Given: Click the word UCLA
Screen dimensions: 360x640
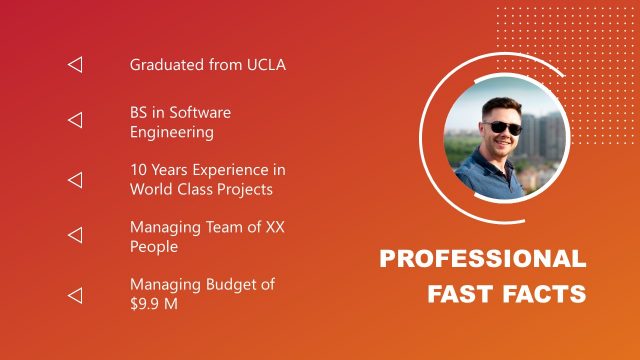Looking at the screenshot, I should pos(264,65).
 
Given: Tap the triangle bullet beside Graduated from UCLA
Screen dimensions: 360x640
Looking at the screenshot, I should pos(75,65).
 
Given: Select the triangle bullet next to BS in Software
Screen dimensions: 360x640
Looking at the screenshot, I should pos(75,121).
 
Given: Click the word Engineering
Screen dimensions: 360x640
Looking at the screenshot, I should pos(171,131).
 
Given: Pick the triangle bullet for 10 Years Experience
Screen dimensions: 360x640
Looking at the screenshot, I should pos(75,180).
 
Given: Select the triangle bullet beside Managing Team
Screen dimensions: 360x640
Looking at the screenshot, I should pos(75,236).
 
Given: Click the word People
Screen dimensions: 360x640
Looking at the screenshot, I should pos(154,246).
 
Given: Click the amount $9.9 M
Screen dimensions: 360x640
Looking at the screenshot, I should pos(154,303).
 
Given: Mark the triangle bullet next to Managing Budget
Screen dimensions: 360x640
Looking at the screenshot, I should pos(75,295).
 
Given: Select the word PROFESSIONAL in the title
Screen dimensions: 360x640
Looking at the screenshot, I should pos(482,259).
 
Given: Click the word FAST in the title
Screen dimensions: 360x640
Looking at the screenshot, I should pos(459,295).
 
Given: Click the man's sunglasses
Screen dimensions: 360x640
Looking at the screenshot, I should pos(502,127).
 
